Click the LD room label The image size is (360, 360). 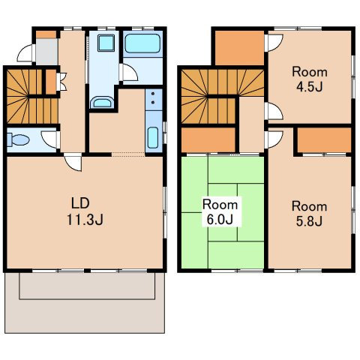(x=80, y=203)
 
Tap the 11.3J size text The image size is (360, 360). (x=85, y=220)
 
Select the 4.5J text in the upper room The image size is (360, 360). (x=310, y=87)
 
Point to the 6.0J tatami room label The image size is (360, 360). (x=220, y=219)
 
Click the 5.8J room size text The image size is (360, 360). (x=309, y=221)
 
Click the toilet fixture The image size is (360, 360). (x=17, y=139)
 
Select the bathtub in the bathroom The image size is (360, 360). (x=142, y=43)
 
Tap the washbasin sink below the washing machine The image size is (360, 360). (x=102, y=103)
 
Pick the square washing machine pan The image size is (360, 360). (x=106, y=43)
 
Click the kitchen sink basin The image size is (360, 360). (x=153, y=138)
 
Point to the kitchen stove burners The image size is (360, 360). (x=153, y=97)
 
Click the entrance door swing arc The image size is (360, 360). (x=25, y=52)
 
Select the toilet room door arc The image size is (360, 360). (x=50, y=139)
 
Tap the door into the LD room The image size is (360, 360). (x=73, y=163)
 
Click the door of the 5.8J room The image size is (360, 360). (x=274, y=139)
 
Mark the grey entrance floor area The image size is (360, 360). (x=46, y=51)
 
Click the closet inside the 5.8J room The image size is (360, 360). (x=324, y=139)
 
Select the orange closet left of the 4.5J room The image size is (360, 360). (x=239, y=48)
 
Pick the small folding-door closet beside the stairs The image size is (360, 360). (x=51, y=82)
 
